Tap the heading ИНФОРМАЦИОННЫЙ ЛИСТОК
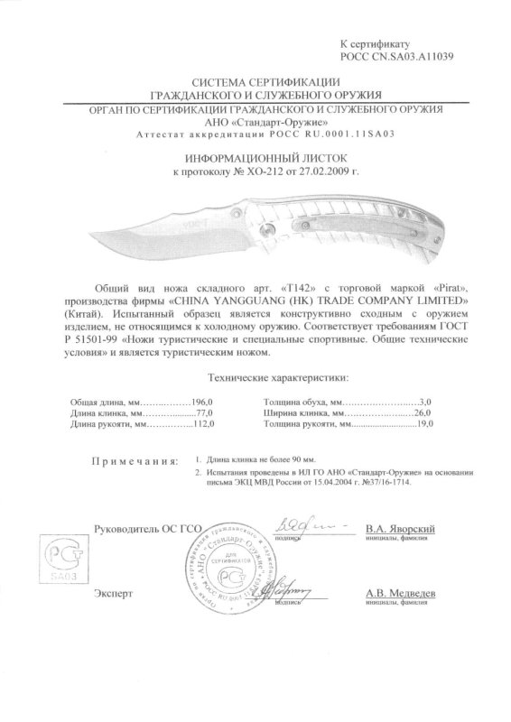255,156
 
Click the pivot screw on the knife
268,234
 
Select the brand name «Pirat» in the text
425,294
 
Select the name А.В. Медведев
402,594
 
